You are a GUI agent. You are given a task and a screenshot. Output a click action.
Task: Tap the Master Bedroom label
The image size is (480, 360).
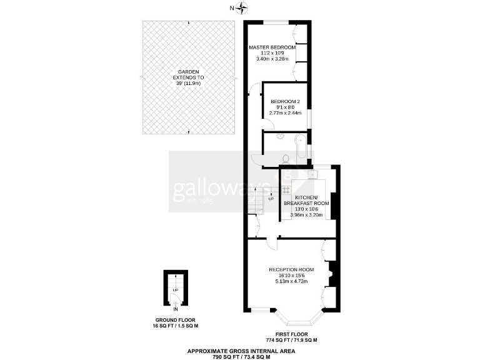pyautogui.click(x=272, y=47)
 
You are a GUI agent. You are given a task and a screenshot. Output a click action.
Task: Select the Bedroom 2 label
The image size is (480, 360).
pyautogui.click(x=285, y=101)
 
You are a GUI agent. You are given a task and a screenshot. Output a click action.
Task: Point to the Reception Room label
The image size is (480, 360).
pyautogui.click(x=291, y=269)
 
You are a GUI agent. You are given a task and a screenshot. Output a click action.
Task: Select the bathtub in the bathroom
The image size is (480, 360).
pyautogui.click(x=302, y=147)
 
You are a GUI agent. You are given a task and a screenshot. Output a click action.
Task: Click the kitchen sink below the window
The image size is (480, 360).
pyautogui.click(x=312, y=173)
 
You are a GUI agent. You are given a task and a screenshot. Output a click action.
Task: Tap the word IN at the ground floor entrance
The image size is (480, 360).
pyautogui.click(x=176, y=309)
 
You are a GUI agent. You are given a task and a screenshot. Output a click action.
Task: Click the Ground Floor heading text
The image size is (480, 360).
pyautogui.click(x=176, y=322)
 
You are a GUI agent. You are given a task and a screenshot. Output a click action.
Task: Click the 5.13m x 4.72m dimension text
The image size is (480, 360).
pyautogui.click(x=292, y=281)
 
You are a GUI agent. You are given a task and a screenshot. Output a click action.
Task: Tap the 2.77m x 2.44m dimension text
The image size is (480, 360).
pyautogui.click(x=285, y=113)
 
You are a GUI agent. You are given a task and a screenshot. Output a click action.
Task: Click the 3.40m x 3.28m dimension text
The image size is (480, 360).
pyautogui.click(x=272, y=59)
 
